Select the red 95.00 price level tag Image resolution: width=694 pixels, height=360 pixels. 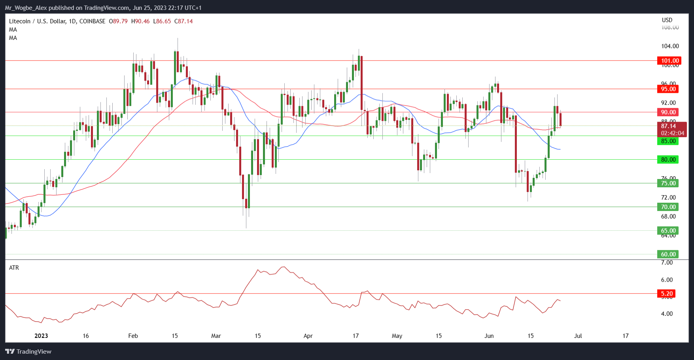tap(668, 89)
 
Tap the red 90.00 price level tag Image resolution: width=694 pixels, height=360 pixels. tap(668, 112)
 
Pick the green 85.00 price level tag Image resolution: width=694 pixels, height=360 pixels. tap(668, 141)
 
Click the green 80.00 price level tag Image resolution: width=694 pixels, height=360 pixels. tap(668, 160)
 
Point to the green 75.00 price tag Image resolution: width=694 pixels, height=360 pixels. tap(668, 183)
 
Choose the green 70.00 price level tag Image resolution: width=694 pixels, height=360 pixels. tap(668, 207)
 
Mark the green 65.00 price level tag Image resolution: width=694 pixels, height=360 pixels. tap(668, 231)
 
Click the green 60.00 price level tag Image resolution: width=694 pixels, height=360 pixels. tap(668, 254)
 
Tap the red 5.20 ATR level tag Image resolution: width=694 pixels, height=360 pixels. tap(667, 294)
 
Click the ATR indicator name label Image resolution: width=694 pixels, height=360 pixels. tap(14, 268)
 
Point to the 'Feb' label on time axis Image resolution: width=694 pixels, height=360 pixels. tap(133, 336)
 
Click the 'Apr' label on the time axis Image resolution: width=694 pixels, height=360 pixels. tap(308, 336)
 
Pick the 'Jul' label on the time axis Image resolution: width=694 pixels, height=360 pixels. tap(578, 336)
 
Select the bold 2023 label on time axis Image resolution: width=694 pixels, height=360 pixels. tap(41, 336)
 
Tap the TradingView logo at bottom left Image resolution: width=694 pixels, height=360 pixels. tap(28, 351)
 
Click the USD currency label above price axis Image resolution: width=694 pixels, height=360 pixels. tap(667, 20)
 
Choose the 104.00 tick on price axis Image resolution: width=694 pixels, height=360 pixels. tap(670, 46)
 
